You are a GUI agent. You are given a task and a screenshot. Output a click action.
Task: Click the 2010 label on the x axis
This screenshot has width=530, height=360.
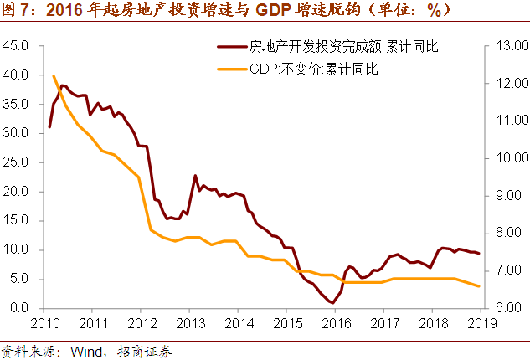pos(44,323)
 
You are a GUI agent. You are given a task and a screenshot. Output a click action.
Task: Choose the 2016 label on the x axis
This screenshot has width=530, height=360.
pos(335,323)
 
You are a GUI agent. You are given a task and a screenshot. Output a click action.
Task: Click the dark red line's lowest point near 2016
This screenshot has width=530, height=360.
pos(333,302)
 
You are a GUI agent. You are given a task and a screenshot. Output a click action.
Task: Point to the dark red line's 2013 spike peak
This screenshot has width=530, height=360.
pos(195,176)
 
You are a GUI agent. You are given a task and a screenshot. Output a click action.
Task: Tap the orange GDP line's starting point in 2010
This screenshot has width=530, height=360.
pos(54,76)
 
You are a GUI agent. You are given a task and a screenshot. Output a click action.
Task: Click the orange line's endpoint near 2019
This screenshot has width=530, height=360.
pos(479,286)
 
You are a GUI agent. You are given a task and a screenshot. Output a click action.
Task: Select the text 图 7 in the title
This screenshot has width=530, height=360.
pos(18,12)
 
